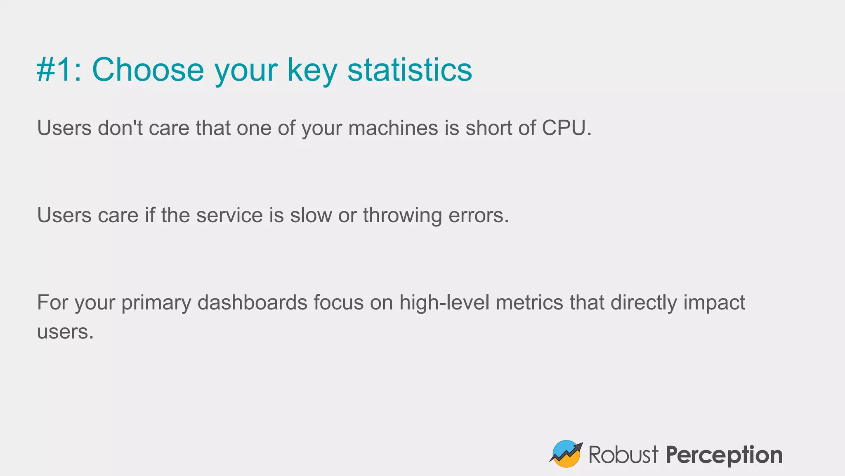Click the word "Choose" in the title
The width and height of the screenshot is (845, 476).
[x=148, y=70]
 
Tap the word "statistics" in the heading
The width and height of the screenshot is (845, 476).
[x=409, y=70]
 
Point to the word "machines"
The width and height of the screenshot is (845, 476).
[x=393, y=128]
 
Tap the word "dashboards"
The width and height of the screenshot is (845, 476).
[x=252, y=302]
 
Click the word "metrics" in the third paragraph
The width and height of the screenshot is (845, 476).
[x=529, y=302]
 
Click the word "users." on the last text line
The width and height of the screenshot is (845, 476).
[x=65, y=332]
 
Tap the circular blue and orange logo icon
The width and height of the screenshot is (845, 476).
[x=566, y=454]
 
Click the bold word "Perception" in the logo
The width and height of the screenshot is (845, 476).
[x=724, y=455]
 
